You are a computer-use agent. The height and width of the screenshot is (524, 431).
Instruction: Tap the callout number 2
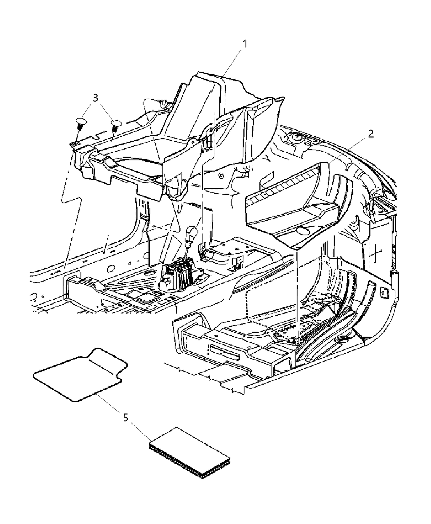[x=370, y=134]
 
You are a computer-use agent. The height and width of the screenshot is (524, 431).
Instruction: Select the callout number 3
[x=95, y=98]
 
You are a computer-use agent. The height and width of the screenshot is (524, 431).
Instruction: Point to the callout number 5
[x=126, y=418]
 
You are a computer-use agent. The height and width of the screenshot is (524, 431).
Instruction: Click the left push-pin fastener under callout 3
[x=80, y=123]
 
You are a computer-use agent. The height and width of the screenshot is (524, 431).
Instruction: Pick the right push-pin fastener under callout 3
[x=115, y=125]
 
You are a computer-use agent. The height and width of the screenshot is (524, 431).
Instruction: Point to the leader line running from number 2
[x=349, y=152]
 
